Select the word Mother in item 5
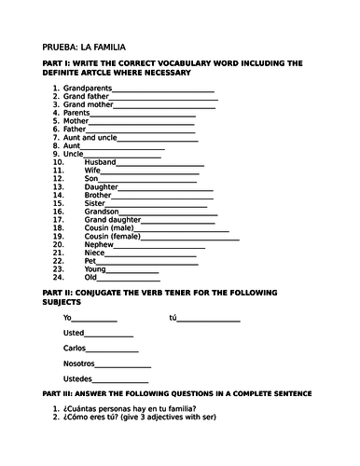[x=76, y=121]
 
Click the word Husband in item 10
[x=100, y=162]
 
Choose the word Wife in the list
[x=92, y=171]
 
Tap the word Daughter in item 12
[x=101, y=186]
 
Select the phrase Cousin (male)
[x=108, y=227]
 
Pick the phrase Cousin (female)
[x=113, y=236]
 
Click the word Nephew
[x=99, y=244]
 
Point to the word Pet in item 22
[x=90, y=260]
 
